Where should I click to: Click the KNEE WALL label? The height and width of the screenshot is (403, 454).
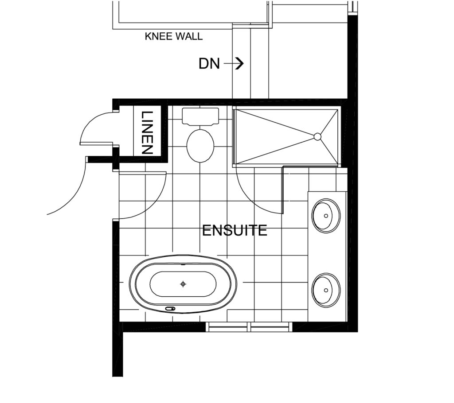[173, 36]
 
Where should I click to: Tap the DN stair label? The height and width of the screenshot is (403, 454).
[209, 64]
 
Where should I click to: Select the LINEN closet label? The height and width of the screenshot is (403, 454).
[147, 132]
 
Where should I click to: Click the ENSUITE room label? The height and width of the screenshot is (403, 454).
[235, 230]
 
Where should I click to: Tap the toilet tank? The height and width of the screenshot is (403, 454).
[200, 116]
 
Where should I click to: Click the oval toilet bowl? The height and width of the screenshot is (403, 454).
[200, 146]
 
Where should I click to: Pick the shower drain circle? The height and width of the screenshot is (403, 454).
[317, 136]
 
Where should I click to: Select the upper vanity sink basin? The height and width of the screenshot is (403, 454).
[326, 216]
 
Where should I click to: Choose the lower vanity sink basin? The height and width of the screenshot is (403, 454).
[326, 290]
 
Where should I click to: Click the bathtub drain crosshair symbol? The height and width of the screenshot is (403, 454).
[183, 284]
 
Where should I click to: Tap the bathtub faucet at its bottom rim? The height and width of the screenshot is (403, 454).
[170, 309]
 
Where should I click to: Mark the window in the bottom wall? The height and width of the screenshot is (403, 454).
[249, 326]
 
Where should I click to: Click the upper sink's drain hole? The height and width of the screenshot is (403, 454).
[326, 216]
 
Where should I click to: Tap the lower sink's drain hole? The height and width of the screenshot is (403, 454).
[326, 290]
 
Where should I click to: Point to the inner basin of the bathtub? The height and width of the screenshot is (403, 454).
[183, 284]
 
